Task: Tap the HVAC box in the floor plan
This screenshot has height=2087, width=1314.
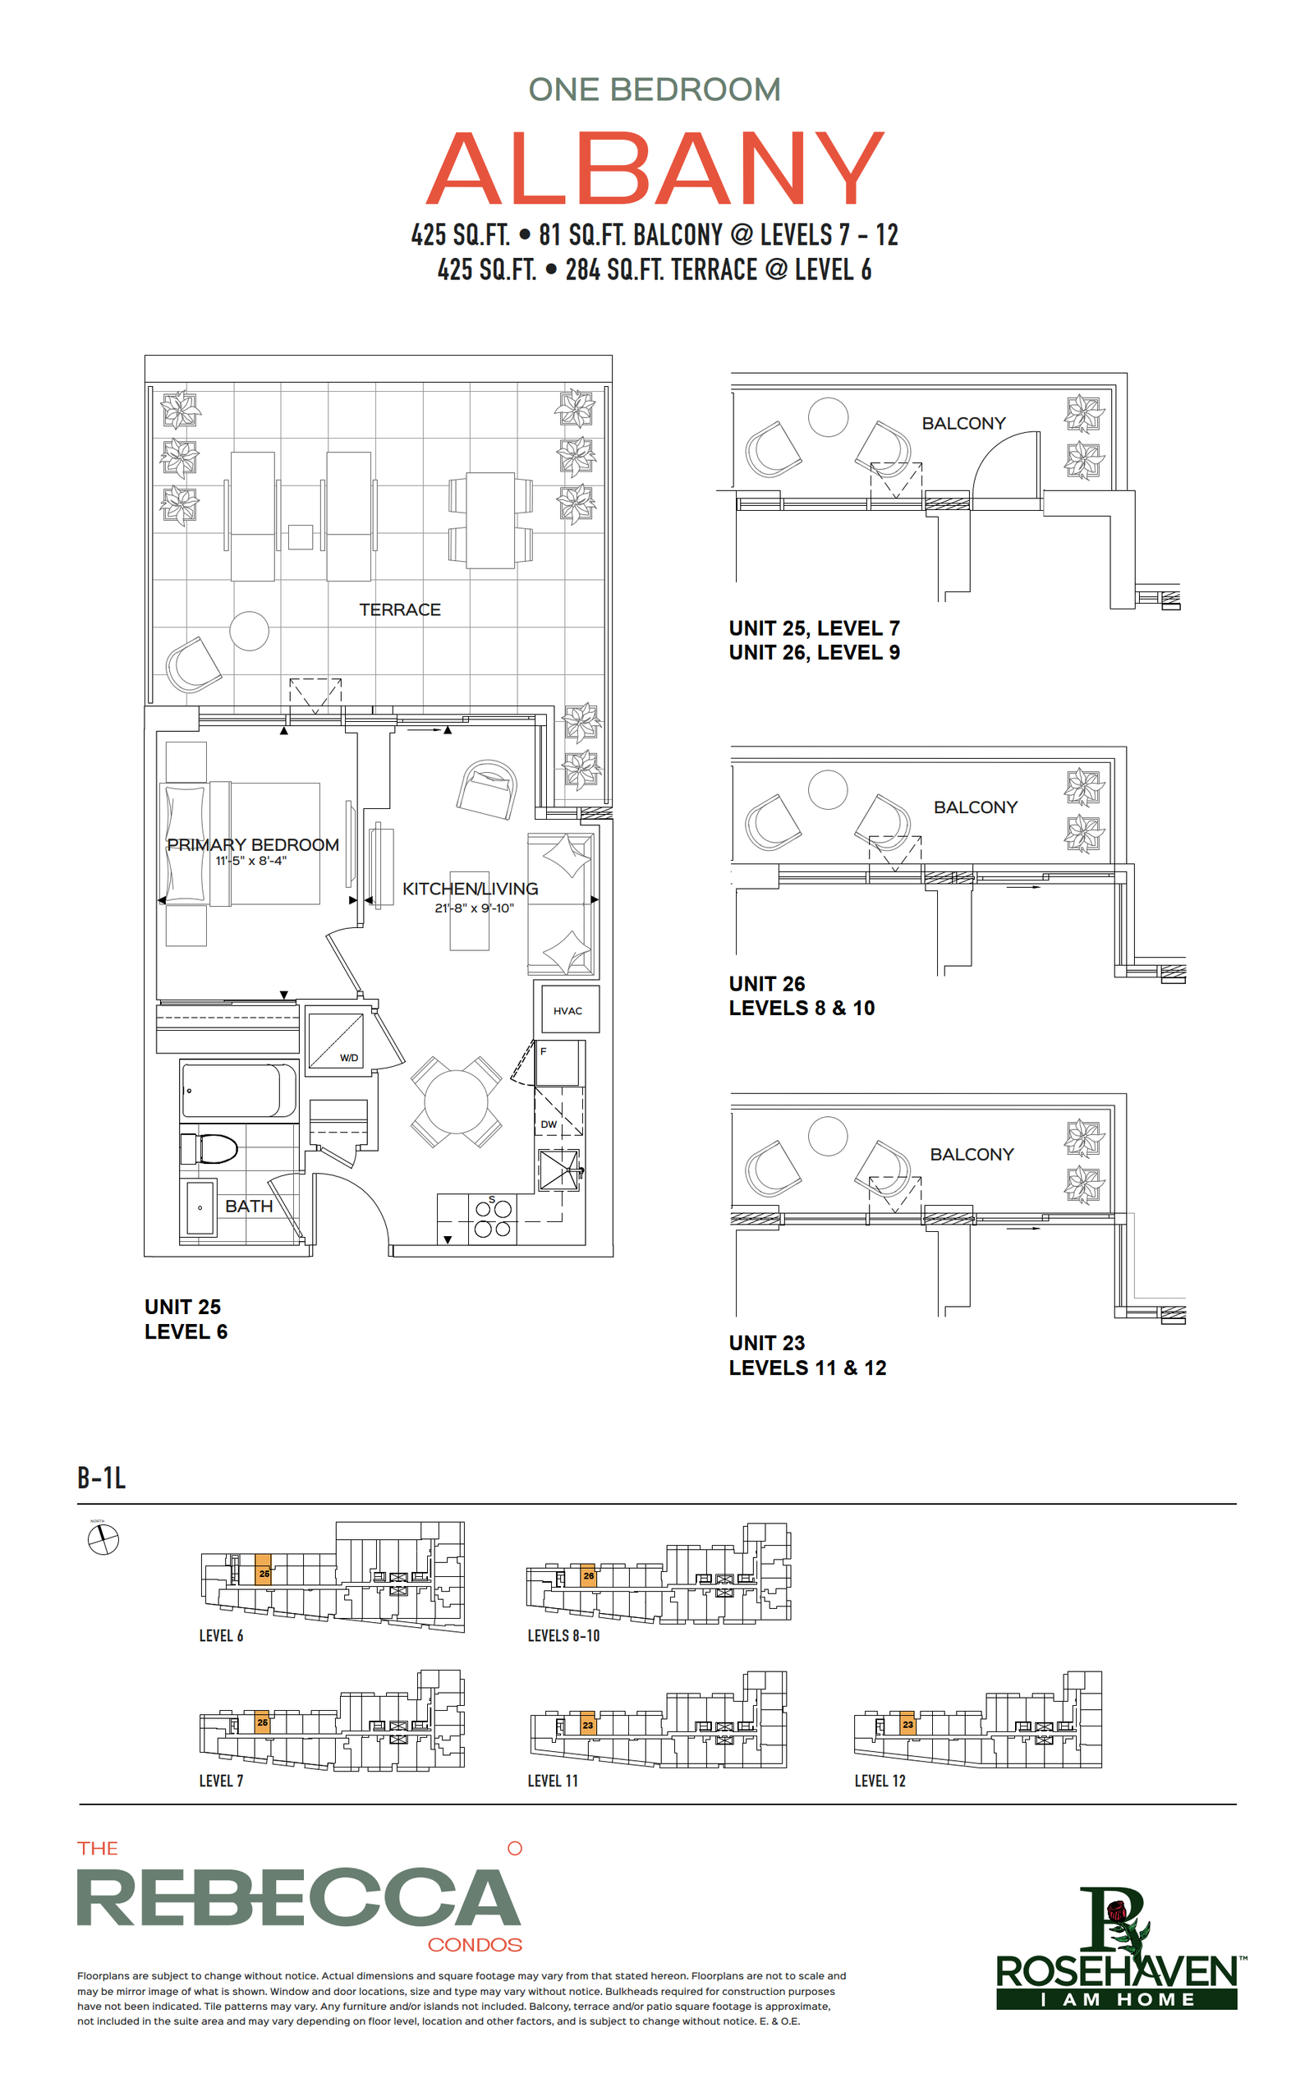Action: coord(567,1009)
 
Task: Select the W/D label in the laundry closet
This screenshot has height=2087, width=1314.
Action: coord(348,1057)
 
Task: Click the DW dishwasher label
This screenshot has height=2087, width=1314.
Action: coord(549,1124)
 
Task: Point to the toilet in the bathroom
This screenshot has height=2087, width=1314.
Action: coord(209,1149)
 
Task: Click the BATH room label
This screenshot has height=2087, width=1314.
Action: coord(249,1206)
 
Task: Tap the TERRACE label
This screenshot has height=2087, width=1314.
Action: coord(400,609)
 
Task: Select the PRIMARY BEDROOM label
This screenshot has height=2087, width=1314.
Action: coord(252,844)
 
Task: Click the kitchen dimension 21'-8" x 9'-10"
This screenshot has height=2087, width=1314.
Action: coord(474,908)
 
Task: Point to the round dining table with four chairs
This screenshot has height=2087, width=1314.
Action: coord(456,1101)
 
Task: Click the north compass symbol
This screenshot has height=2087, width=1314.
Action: coord(103,1540)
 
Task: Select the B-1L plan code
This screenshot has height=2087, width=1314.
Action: coord(101,1477)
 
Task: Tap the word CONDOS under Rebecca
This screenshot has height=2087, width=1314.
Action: coord(475,1945)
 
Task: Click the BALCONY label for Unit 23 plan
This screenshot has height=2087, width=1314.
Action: coord(972,1155)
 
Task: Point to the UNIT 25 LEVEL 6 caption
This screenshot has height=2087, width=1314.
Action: coord(186,1319)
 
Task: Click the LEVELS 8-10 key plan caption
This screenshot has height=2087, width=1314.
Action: coord(563,1635)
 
